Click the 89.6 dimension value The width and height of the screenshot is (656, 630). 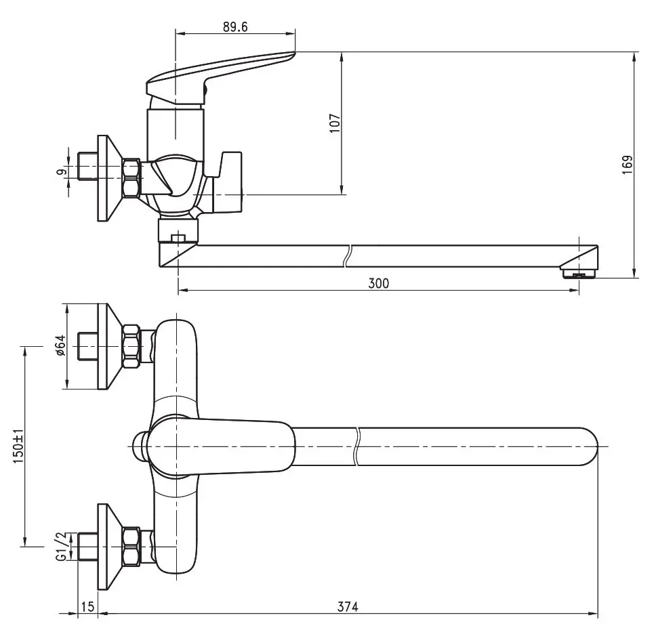[235, 27]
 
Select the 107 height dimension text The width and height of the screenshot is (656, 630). [335, 123]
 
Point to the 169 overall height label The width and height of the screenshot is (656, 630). [628, 165]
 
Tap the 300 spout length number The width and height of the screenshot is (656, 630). [379, 284]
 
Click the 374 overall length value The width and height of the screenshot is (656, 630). [348, 606]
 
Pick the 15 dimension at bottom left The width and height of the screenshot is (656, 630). [87, 606]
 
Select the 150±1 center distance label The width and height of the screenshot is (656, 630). [18, 446]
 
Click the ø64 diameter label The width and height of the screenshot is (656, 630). [61, 345]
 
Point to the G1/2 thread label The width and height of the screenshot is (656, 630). [61, 547]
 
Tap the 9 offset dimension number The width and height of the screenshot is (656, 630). [61, 171]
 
